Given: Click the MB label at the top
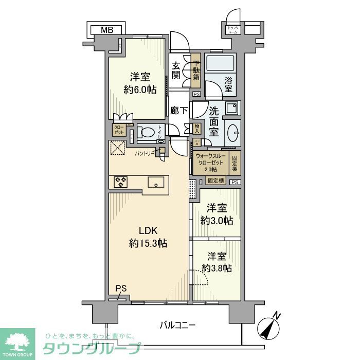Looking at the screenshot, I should pos(107,30).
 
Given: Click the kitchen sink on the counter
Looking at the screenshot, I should pos(155,182).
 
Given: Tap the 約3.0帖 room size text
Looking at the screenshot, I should pos(217,220).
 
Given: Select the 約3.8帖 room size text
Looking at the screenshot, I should pos(217,268).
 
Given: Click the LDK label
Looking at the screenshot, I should pos(142,230).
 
